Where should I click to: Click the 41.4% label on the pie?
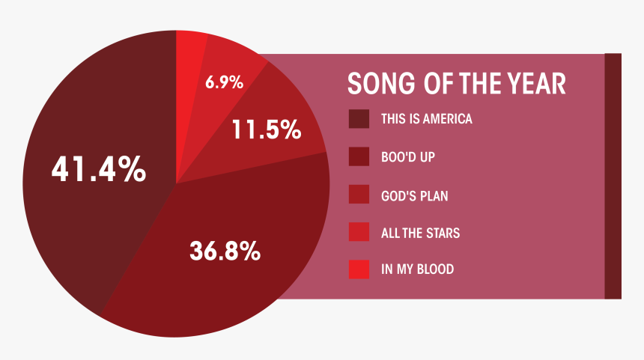[99, 168]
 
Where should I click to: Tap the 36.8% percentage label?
[225, 251]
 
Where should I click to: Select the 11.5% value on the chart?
[267, 129]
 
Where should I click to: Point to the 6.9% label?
[224, 82]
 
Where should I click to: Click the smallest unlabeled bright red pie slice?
[188, 82]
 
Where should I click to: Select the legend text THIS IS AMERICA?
[427, 119]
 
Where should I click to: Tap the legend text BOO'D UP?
[408, 157]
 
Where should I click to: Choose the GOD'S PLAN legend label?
[414, 196]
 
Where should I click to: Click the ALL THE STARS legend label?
[421, 234]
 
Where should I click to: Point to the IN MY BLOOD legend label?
[418, 269]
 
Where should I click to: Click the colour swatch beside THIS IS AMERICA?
[359, 119]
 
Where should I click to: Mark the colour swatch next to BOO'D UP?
[359, 157]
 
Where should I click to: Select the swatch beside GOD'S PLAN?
[359, 194]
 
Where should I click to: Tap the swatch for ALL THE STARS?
[359, 232]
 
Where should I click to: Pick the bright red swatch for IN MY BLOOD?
[359, 269]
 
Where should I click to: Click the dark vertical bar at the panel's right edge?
[613, 176]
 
